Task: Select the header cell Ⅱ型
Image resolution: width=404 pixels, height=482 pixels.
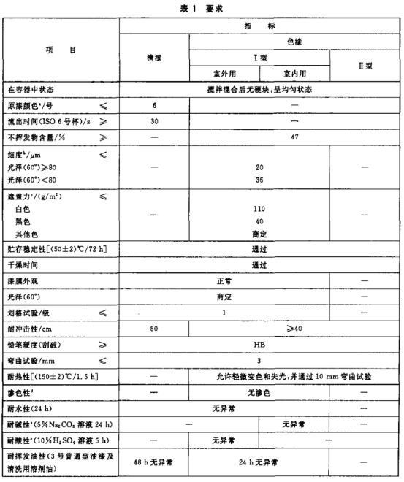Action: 365,65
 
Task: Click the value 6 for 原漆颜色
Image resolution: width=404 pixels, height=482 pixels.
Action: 154,106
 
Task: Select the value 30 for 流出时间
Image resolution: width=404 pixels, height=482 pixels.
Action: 154,120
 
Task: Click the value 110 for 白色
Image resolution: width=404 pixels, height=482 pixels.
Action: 260,208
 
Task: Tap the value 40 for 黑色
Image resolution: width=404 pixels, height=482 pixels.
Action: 260,221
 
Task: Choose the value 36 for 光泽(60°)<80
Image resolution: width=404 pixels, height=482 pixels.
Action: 260,178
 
